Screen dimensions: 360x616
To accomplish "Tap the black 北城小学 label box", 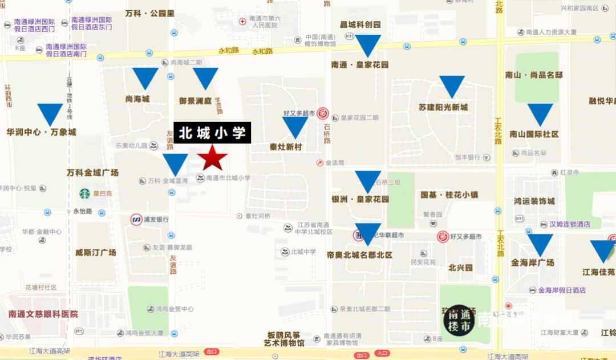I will point(212,133).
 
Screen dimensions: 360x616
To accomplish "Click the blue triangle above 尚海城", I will point(145,78).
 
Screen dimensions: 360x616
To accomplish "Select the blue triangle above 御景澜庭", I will point(205,78).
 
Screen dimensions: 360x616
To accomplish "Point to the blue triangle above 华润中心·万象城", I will point(50,114).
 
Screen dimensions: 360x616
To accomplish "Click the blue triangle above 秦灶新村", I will point(295,127).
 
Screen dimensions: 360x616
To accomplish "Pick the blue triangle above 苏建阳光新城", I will point(452,86).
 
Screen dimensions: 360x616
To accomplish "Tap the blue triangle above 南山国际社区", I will point(540,114).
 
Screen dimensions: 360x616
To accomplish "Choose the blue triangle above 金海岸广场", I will point(540,244).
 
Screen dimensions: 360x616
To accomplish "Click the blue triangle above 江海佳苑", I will point(602,250).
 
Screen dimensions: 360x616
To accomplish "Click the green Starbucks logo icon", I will point(85,193).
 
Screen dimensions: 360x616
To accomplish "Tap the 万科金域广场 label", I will point(92,173).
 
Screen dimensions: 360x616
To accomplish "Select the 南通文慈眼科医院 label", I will point(43,314).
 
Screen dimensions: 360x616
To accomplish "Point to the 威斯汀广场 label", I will point(95,252).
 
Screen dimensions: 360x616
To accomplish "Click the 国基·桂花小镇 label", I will point(449,195).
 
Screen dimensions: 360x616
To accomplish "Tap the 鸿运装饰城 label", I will point(534,201).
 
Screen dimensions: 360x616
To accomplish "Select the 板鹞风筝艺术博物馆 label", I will point(284,339).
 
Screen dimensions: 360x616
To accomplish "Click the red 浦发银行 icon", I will point(136,219).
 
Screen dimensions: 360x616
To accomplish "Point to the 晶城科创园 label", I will point(360,25).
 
